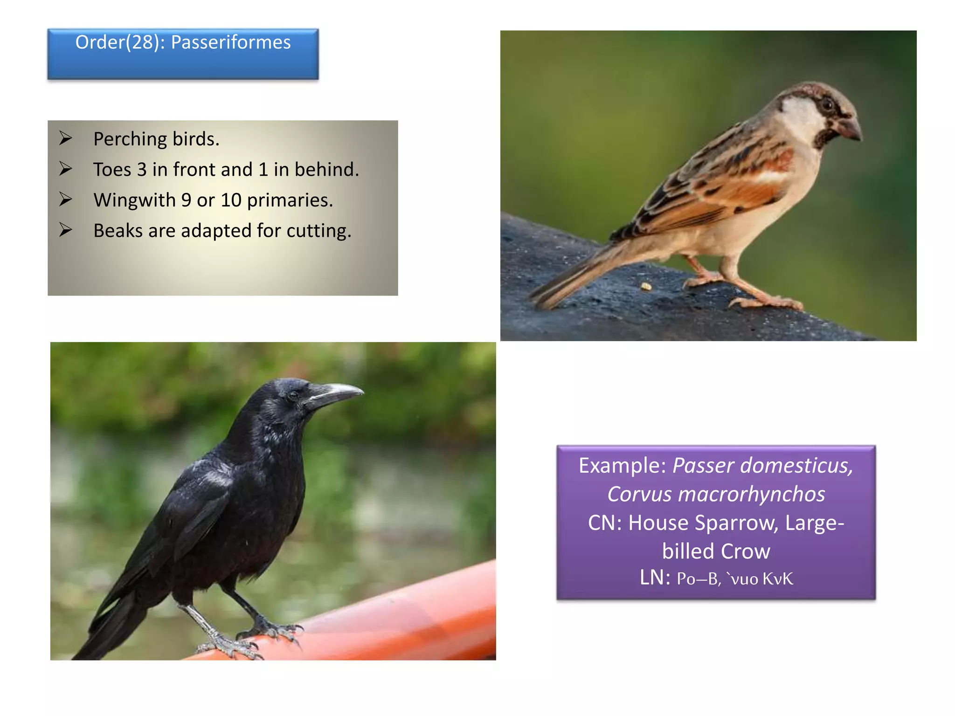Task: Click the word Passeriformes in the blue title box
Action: [230, 42]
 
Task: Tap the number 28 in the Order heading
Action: [142, 42]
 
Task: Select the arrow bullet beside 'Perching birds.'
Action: [66, 138]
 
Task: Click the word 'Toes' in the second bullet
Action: [112, 170]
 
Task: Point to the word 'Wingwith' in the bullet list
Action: [134, 200]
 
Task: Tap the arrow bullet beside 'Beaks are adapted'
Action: [66, 230]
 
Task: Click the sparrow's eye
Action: [827, 104]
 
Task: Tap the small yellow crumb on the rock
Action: [646, 286]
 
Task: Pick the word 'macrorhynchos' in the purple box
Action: [751, 495]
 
